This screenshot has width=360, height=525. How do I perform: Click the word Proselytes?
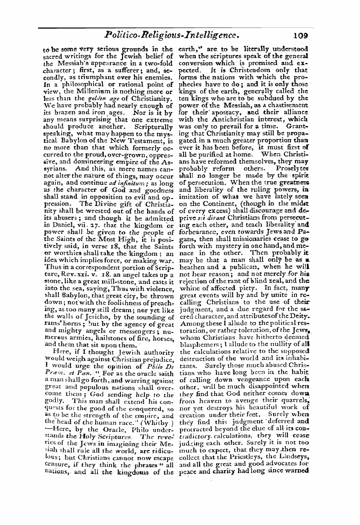[294, 169]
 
